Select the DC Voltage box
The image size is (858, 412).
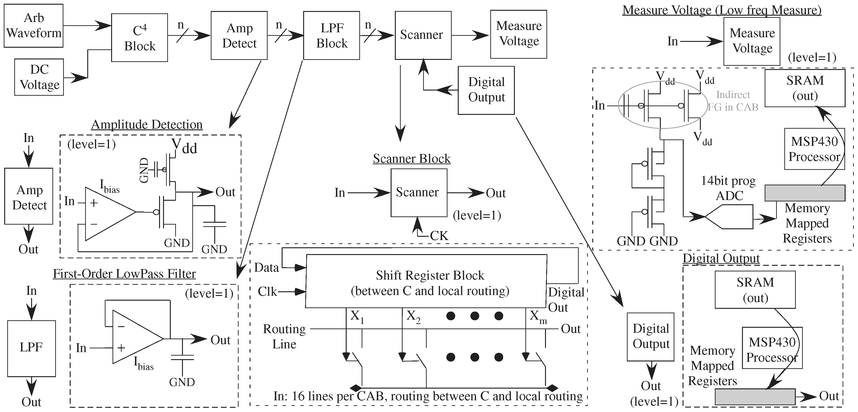click(x=39, y=77)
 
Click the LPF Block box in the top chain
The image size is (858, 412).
click(x=331, y=36)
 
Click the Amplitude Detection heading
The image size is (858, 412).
click(x=147, y=124)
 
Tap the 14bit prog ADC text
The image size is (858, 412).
click(x=728, y=188)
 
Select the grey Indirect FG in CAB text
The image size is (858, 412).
click(x=733, y=101)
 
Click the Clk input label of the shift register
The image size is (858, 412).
click(x=267, y=292)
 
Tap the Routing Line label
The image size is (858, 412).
click(x=284, y=336)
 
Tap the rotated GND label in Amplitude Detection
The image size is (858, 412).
click(x=144, y=170)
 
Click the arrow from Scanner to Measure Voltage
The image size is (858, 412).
click(x=470, y=35)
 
